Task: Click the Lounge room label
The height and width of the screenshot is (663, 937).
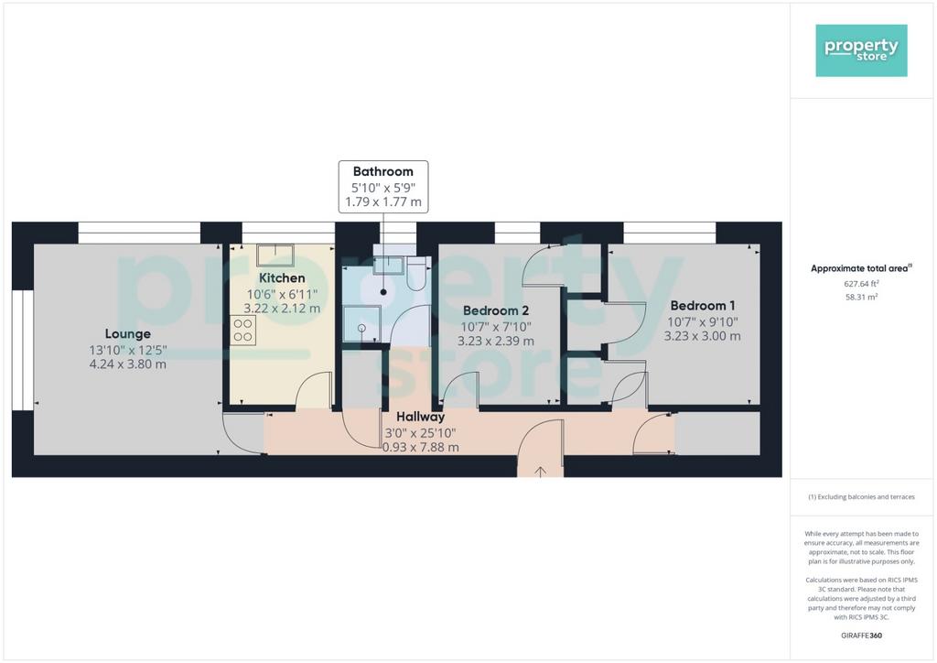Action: [x=127, y=333]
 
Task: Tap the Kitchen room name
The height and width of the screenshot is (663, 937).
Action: [x=282, y=278]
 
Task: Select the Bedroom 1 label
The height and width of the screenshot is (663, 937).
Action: [x=702, y=306]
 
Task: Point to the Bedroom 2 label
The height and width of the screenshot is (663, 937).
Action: [x=495, y=310]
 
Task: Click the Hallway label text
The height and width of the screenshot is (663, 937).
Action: [x=420, y=417]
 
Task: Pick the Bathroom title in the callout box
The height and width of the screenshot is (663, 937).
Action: [x=383, y=171]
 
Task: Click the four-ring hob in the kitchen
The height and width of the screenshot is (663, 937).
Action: [x=243, y=331]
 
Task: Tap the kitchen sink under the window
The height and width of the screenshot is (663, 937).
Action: [x=275, y=255]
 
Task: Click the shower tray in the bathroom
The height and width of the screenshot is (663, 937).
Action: [x=361, y=324]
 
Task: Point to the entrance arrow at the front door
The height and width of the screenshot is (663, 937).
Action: [x=540, y=472]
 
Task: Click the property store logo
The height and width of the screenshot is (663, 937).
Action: [x=861, y=50]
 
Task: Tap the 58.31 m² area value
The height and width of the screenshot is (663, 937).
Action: [x=861, y=297]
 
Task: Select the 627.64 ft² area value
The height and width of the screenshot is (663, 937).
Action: [x=861, y=284]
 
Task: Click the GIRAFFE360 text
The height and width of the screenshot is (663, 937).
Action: [x=861, y=636]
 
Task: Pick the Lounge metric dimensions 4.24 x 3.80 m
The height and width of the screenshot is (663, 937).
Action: [x=127, y=364]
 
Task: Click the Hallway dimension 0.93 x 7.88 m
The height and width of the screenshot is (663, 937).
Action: [x=421, y=447]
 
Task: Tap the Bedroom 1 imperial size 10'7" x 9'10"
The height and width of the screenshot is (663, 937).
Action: [x=702, y=322]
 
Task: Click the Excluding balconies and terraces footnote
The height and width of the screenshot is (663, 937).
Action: [x=861, y=497]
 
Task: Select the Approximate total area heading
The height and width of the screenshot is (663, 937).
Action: [x=861, y=268]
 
